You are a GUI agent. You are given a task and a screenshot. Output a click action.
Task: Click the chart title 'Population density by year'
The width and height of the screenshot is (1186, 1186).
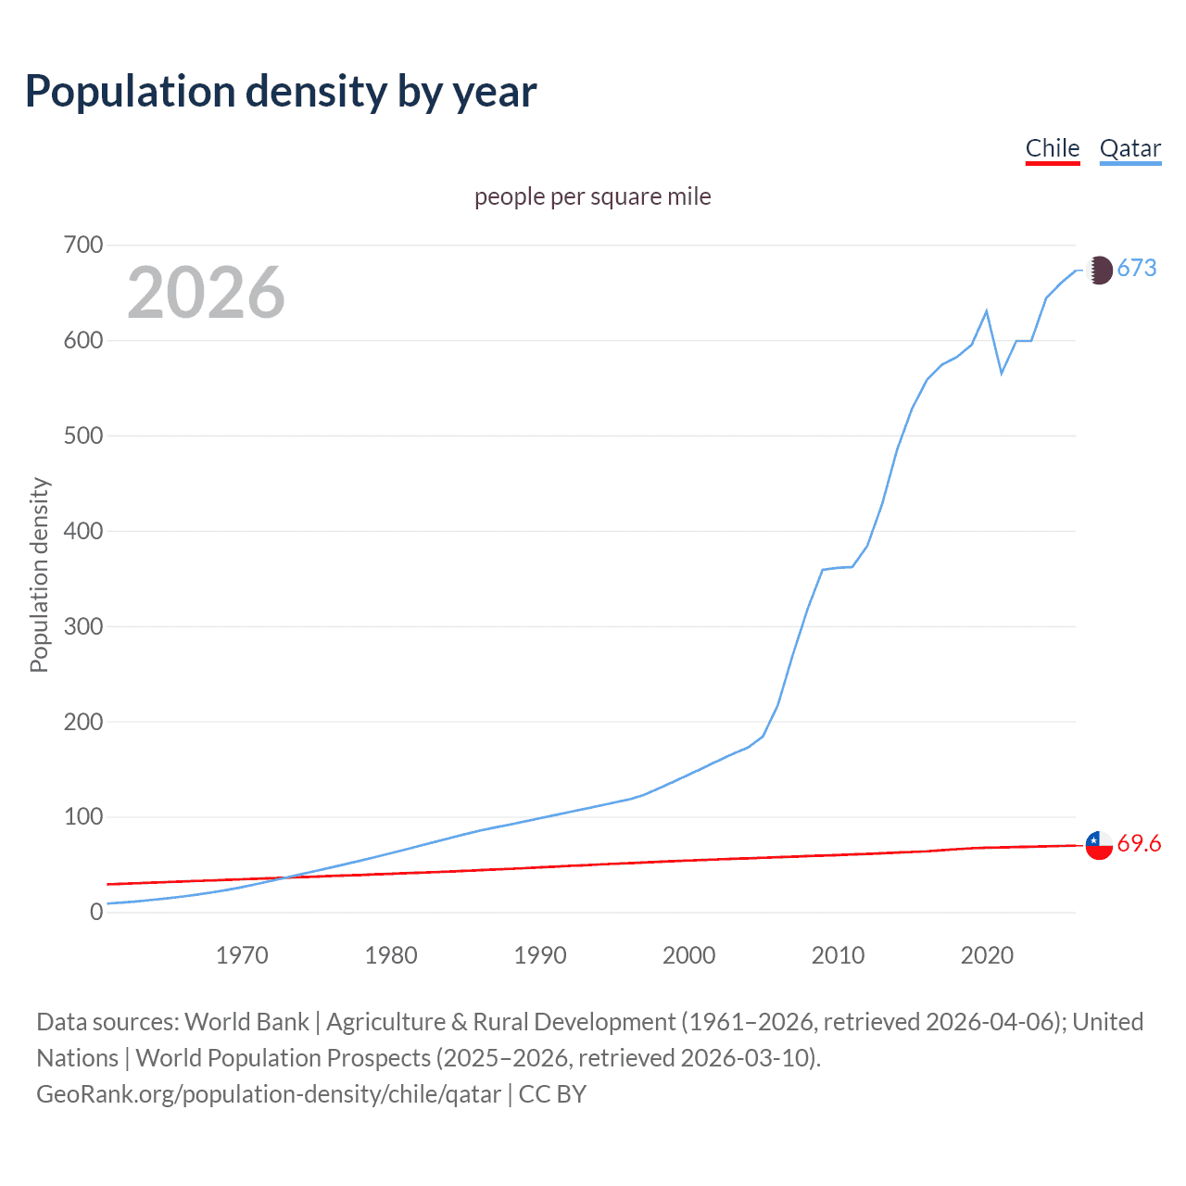[x=281, y=92]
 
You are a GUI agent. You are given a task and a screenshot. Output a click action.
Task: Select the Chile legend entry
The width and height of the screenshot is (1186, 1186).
[x=1053, y=148]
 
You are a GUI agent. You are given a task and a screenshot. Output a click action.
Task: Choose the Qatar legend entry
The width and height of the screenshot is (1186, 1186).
[x=1129, y=148]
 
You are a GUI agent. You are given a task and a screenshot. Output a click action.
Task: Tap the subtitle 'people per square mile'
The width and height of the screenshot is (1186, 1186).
[x=592, y=196]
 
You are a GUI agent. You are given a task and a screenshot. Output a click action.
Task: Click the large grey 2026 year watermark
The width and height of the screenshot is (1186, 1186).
[x=206, y=293]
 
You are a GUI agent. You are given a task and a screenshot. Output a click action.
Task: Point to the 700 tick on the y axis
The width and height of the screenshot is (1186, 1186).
[x=83, y=245]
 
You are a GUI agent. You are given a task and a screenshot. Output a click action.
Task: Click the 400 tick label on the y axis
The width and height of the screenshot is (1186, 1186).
[x=83, y=531]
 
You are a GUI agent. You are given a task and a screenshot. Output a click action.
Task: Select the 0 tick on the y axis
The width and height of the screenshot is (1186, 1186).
[x=96, y=912]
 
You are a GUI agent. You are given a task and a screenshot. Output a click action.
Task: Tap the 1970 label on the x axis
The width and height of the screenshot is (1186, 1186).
[x=242, y=954]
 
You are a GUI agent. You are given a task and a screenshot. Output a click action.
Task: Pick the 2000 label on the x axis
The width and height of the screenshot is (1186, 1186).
[x=688, y=954]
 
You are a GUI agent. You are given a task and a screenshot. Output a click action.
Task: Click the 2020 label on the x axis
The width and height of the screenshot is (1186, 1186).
[x=987, y=954]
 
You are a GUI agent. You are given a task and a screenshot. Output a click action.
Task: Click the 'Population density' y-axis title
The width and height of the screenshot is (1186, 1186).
[x=39, y=574]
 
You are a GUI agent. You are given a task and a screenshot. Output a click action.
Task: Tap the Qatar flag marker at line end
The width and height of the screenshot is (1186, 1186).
[x=1099, y=270]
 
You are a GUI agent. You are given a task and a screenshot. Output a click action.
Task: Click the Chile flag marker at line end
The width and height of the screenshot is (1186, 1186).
[x=1099, y=845]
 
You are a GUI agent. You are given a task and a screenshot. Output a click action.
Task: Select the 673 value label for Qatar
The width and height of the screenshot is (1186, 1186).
[x=1137, y=268]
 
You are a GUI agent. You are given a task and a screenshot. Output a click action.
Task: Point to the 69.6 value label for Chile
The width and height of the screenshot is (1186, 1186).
[x=1139, y=843]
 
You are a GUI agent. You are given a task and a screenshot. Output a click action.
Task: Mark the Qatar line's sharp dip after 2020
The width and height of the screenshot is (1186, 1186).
[x=1002, y=372]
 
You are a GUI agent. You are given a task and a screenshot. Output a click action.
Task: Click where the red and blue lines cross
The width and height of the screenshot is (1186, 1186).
[x=284, y=877]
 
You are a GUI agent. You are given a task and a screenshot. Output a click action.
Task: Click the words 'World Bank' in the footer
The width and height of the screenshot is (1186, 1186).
[x=246, y=1022]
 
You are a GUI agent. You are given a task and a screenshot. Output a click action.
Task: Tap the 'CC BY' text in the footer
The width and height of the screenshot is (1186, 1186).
[x=552, y=1094]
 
